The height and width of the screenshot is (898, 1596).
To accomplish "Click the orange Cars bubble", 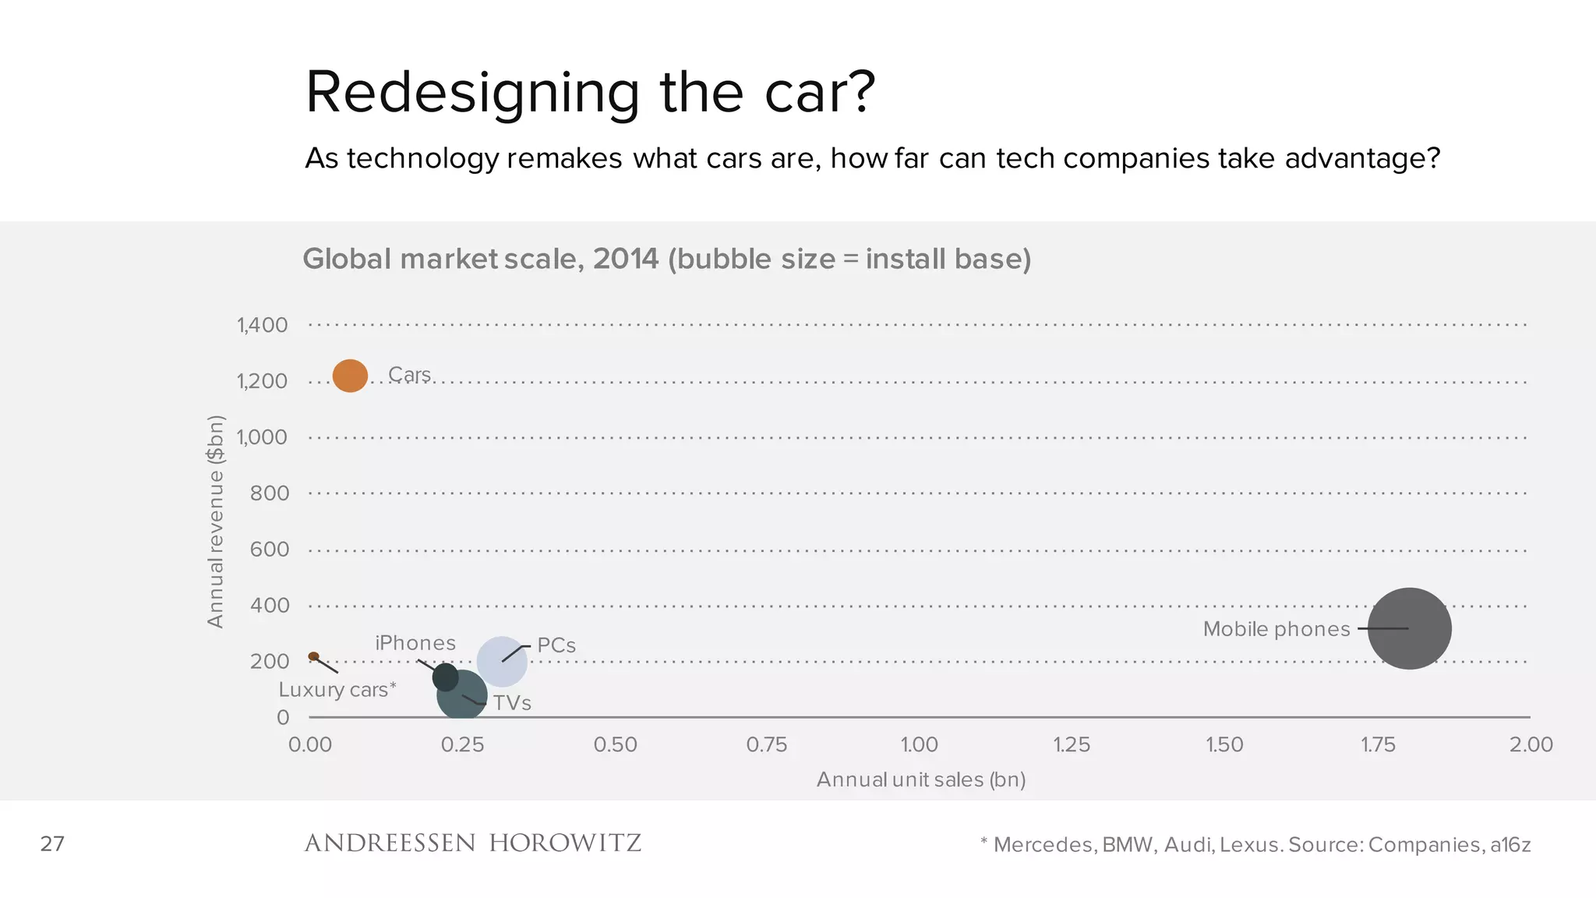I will (x=350, y=376).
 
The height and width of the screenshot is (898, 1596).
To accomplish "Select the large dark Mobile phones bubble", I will (x=1410, y=628).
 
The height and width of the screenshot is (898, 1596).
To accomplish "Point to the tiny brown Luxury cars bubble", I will (x=313, y=656).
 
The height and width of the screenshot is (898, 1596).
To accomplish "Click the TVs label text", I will (x=512, y=703).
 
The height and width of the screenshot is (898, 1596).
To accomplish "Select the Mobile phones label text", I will (x=1276, y=629).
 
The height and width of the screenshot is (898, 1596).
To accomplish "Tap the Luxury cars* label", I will (x=337, y=690).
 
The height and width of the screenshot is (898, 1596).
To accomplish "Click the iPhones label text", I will (x=415, y=643).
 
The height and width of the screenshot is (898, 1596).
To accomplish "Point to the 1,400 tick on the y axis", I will (x=263, y=325).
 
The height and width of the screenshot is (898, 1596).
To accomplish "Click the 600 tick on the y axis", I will (x=270, y=550).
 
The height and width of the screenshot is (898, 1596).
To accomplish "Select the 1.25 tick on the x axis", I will (x=1072, y=744).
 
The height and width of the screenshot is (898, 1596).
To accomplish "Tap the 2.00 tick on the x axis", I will (x=1531, y=744).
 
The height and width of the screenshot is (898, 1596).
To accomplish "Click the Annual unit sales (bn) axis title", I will (x=920, y=780).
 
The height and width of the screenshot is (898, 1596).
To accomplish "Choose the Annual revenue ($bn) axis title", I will (x=216, y=521).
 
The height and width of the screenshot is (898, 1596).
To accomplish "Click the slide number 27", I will (x=52, y=843).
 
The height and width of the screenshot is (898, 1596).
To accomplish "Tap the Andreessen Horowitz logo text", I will (x=472, y=843).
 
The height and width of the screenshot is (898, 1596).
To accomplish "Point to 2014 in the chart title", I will (x=625, y=259).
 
